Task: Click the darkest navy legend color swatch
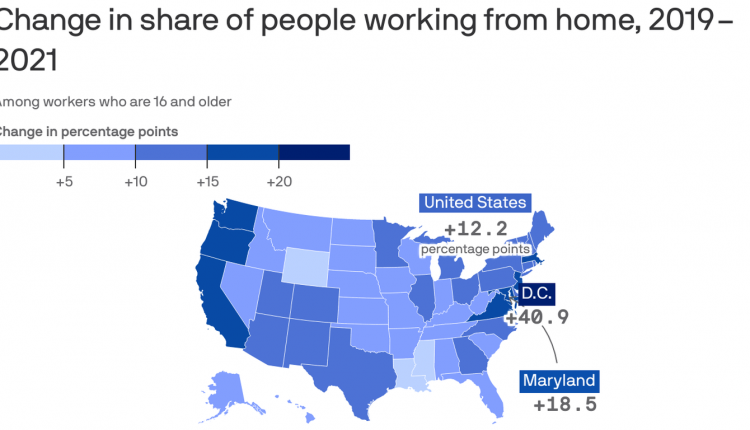click(314, 152)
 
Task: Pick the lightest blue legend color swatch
click(30, 152)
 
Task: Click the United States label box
click(475, 203)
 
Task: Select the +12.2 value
click(475, 229)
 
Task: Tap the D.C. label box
click(535, 294)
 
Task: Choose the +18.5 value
click(565, 405)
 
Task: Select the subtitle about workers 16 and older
click(116, 101)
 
